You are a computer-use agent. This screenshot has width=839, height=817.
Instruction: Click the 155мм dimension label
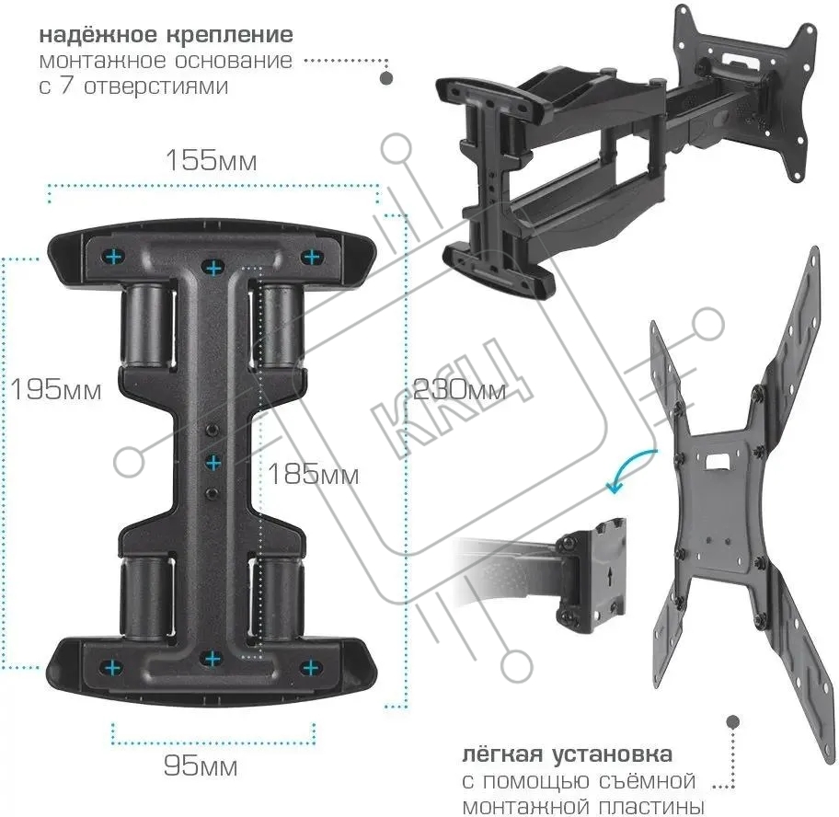click(x=211, y=161)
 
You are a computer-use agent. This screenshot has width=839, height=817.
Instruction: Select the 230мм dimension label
click(x=459, y=389)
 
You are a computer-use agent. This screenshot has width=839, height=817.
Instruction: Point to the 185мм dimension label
click(x=313, y=476)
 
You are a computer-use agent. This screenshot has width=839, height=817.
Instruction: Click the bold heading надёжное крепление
click(x=167, y=35)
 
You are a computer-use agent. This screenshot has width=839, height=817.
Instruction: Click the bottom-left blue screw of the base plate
click(x=113, y=666)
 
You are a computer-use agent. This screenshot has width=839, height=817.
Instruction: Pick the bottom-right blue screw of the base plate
click(x=311, y=666)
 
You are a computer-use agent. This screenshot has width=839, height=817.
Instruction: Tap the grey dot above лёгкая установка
click(x=733, y=722)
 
